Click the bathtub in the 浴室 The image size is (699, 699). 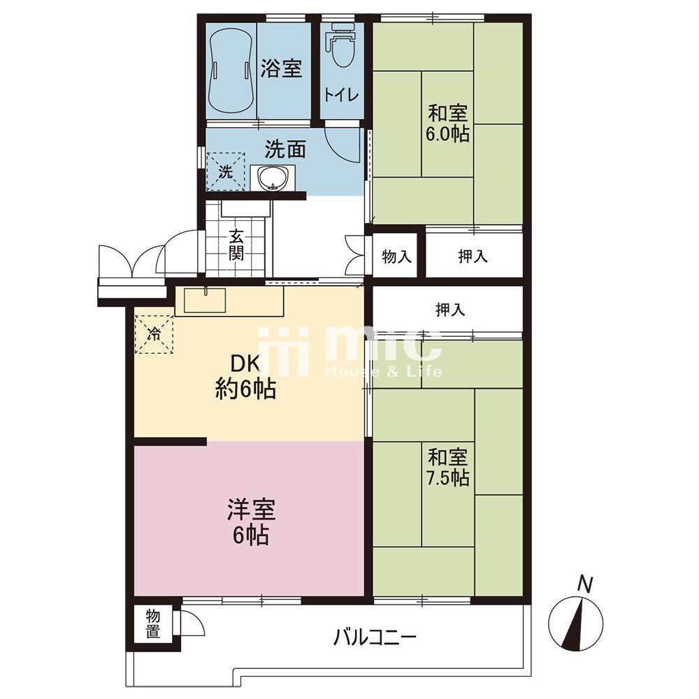click(231, 71)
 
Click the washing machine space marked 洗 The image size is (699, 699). click(226, 172)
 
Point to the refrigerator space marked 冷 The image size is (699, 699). click(154, 334)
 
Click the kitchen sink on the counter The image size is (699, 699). click(205, 300)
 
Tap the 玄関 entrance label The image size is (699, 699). click(236, 245)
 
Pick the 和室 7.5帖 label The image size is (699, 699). click(447, 467)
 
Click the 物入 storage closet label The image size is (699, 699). click(397, 257)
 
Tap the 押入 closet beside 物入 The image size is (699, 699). click(473, 256)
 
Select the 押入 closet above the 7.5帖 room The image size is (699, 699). click(450, 310)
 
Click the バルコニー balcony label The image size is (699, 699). click(375, 637)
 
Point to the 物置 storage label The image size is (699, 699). click(153, 624)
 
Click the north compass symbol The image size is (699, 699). click(575, 624)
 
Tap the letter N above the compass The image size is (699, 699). click(585, 584)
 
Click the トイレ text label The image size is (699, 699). click(342, 95)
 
